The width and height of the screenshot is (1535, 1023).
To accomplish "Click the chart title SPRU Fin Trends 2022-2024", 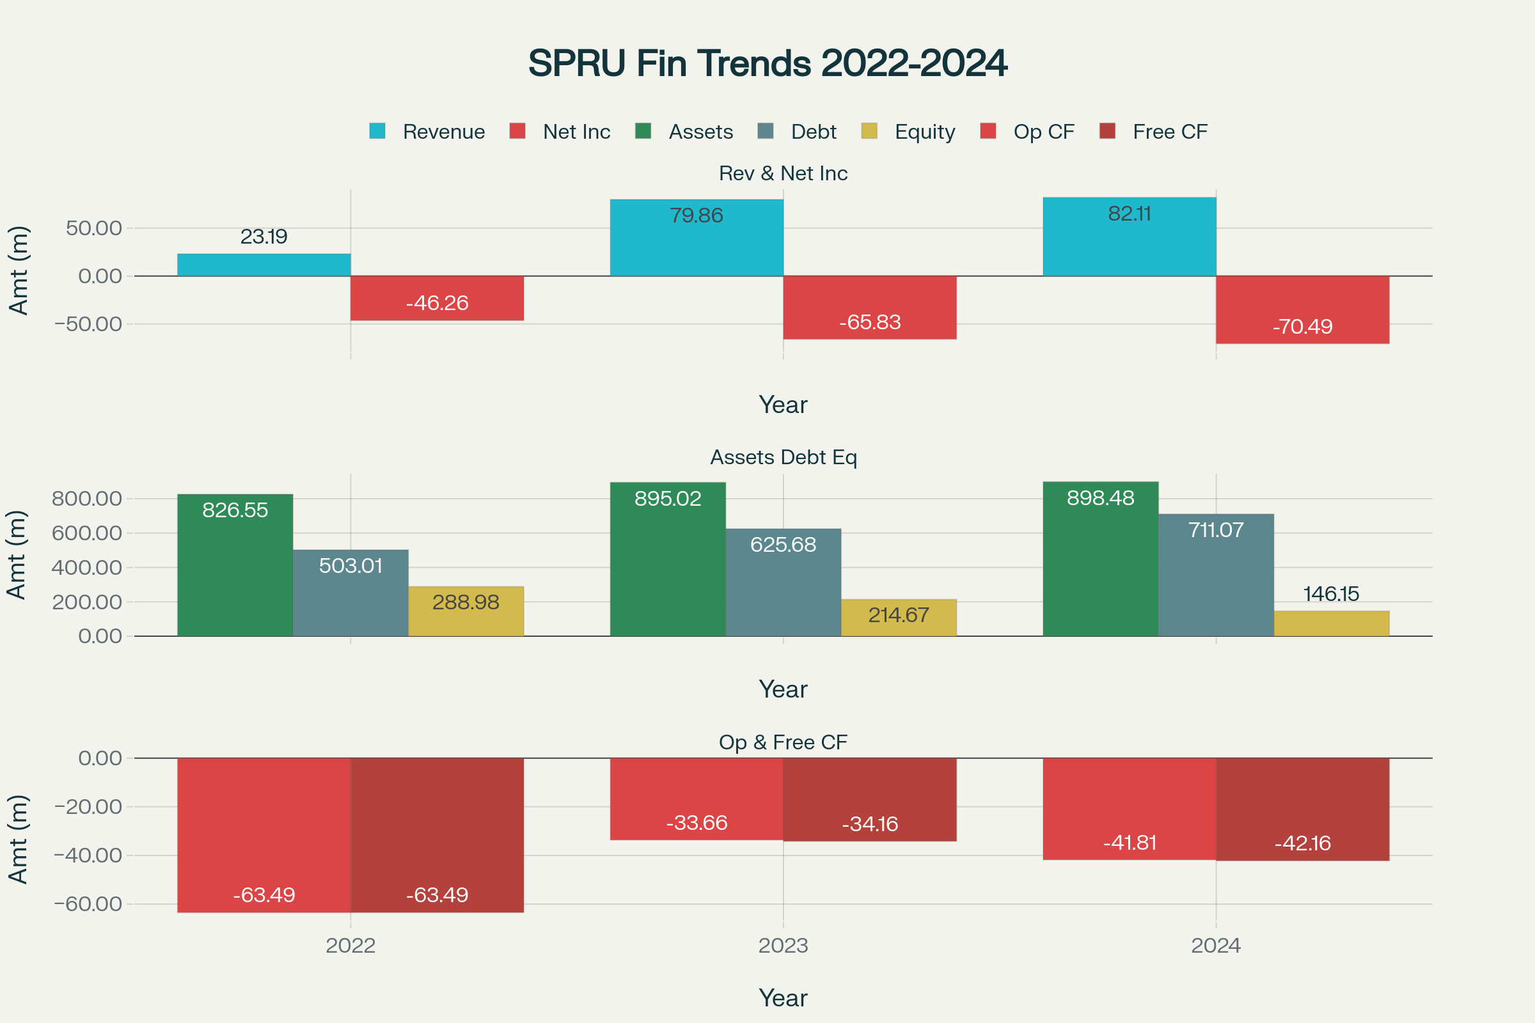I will pyautogui.click(x=767, y=63).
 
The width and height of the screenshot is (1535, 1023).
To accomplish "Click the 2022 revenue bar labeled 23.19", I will pyautogui.click(x=264, y=265).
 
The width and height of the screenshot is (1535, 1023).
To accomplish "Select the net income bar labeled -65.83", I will pyautogui.click(x=869, y=308).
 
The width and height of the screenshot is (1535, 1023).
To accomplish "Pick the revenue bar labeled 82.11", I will pyautogui.click(x=1129, y=237).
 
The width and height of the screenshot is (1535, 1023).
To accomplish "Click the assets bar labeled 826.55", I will pyautogui.click(x=235, y=565).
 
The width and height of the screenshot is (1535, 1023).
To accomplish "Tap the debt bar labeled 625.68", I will pyautogui.click(x=783, y=582).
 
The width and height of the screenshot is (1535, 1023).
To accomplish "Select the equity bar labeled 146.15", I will pyautogui.click(x=1332, y=624).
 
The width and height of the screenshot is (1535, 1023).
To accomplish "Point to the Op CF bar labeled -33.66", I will pyautogui.click(x=697, y=799).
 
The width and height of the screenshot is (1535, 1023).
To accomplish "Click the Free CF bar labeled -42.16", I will pyautogui.click(x=1302, y=809).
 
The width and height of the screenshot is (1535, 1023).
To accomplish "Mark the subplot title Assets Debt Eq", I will pyautogui.click(x=783, y=457).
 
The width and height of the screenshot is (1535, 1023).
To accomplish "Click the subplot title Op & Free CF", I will pyautogui.click(x=783, y=742).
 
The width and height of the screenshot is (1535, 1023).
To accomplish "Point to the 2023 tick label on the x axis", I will pyautogui.click(x=783, y=946).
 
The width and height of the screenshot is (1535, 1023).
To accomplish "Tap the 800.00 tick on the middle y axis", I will pyautogui.click(x=87, y=499).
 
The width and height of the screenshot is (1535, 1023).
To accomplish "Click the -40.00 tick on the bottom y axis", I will pyautogui.click(x=88, y=855).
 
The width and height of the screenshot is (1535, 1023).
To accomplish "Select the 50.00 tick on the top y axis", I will pyautogui.click(x=93, y=228).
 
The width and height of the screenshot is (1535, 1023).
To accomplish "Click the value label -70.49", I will pyautogui.click(x=1302, y=326).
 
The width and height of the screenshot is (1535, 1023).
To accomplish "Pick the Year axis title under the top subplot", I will pyautogui.click(x=783, y=405).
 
